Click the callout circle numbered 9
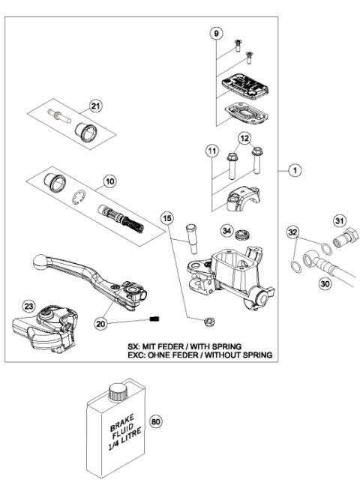click(217, 34)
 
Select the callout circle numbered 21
click(94, 105)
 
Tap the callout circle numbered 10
click(109, 182)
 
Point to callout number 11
click(213, 151)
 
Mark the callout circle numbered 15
click(168, 218)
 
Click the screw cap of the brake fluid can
click(116, 391)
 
